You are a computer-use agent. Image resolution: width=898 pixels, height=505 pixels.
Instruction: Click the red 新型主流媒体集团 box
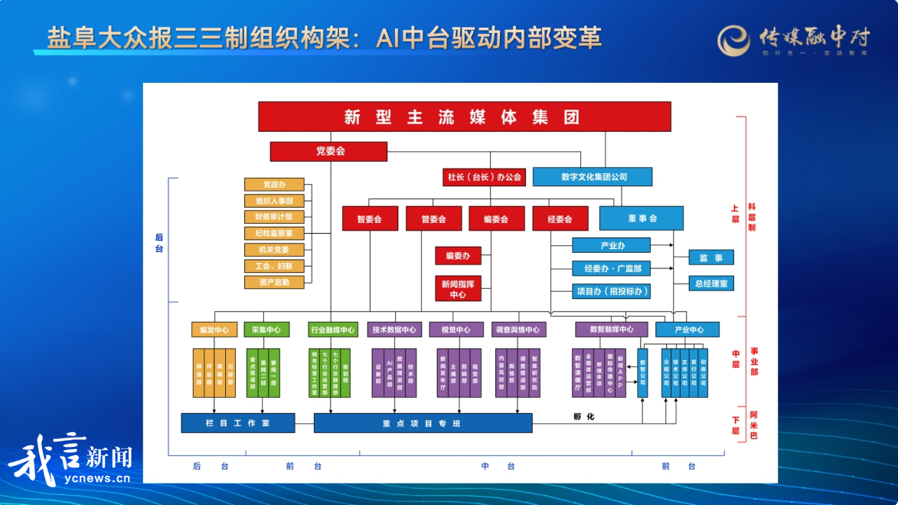click(464, 116)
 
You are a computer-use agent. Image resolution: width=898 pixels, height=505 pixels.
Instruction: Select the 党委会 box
click(328, 151)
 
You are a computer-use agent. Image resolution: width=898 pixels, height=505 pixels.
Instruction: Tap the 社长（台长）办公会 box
click(484, 177)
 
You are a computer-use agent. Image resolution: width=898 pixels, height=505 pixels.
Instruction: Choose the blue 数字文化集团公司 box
click(593, 177)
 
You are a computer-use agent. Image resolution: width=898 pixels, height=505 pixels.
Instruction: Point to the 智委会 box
click(369, 218)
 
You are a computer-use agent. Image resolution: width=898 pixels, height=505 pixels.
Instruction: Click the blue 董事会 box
click(642, 218)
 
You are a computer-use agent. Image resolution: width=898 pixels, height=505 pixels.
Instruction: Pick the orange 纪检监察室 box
click(274, 233)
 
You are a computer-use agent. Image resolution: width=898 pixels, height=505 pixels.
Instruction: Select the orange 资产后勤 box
click(274, 282)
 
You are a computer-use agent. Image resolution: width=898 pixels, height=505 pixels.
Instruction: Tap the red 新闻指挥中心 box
click(458, 288)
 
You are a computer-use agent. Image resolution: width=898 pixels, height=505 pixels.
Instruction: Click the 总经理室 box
click(711, 283)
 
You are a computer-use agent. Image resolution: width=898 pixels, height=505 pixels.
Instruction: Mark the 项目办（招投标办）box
click(611, 291)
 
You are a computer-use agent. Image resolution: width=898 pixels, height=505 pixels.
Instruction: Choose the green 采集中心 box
click(266, 330)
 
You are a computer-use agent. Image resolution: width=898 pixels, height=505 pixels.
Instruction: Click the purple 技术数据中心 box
click(394, 330)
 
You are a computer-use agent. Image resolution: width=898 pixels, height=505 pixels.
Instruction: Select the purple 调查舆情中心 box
click(520, 330)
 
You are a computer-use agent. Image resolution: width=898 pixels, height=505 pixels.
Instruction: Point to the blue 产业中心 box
click(687, 330)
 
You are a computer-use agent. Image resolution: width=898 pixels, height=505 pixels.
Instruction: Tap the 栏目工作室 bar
click(237, 423)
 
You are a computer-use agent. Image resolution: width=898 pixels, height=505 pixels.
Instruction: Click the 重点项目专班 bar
click(423, 423)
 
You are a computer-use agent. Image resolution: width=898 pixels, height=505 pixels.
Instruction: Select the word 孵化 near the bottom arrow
click(583, 417)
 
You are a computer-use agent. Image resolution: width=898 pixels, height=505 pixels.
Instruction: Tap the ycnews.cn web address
click(96, 479)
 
